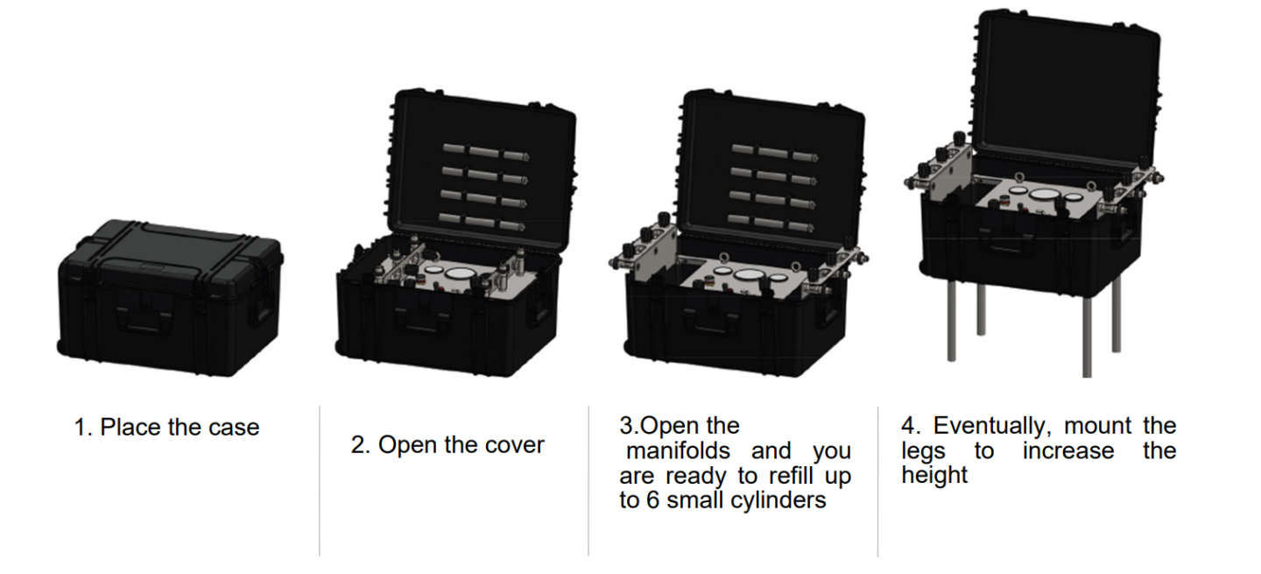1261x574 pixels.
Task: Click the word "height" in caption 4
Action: point(935,476)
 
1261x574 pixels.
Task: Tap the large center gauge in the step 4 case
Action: point(1043,195)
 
